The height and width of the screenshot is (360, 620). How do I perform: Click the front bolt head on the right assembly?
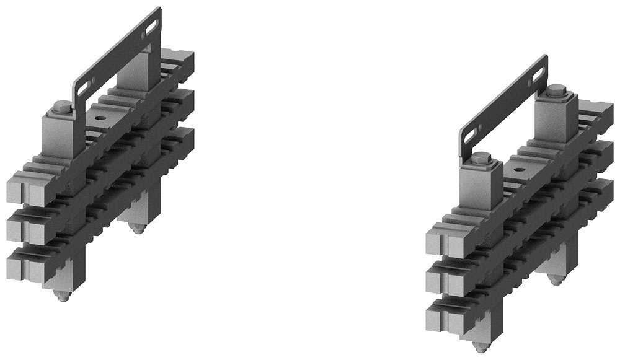point(481,164)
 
